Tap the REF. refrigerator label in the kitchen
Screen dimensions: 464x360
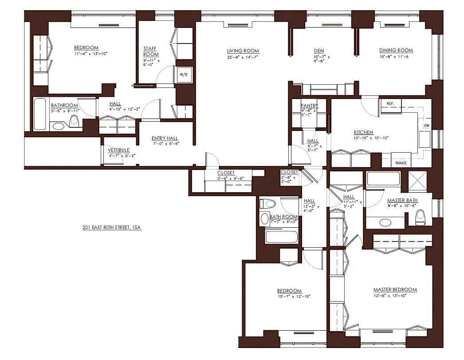(x=390, y=103)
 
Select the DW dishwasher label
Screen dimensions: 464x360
(x=427, y=126)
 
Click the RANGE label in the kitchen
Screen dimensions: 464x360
(x=401, y=163)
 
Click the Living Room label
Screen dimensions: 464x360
(x=243, y=51)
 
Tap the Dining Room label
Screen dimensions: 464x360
(x=396, y=50)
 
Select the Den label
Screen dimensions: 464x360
(x=319, y=51)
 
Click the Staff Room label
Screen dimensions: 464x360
(x=151, y=51)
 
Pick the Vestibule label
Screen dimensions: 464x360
(x=119, y=150)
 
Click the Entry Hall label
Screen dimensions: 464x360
(x=165, y=138)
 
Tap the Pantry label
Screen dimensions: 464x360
(x=309, y=106)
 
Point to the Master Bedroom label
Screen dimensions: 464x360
(x=395, y=289)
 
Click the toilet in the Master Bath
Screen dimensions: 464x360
(x=420, y=217)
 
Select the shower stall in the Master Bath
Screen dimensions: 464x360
(x=417, y=180)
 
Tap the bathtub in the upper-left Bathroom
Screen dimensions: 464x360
(x=40, y=114)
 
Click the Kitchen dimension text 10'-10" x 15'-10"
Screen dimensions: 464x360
(x=371, y=138)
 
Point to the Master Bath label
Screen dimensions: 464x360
(x=402, y=201)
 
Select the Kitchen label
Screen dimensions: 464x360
(x=363, y=132)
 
